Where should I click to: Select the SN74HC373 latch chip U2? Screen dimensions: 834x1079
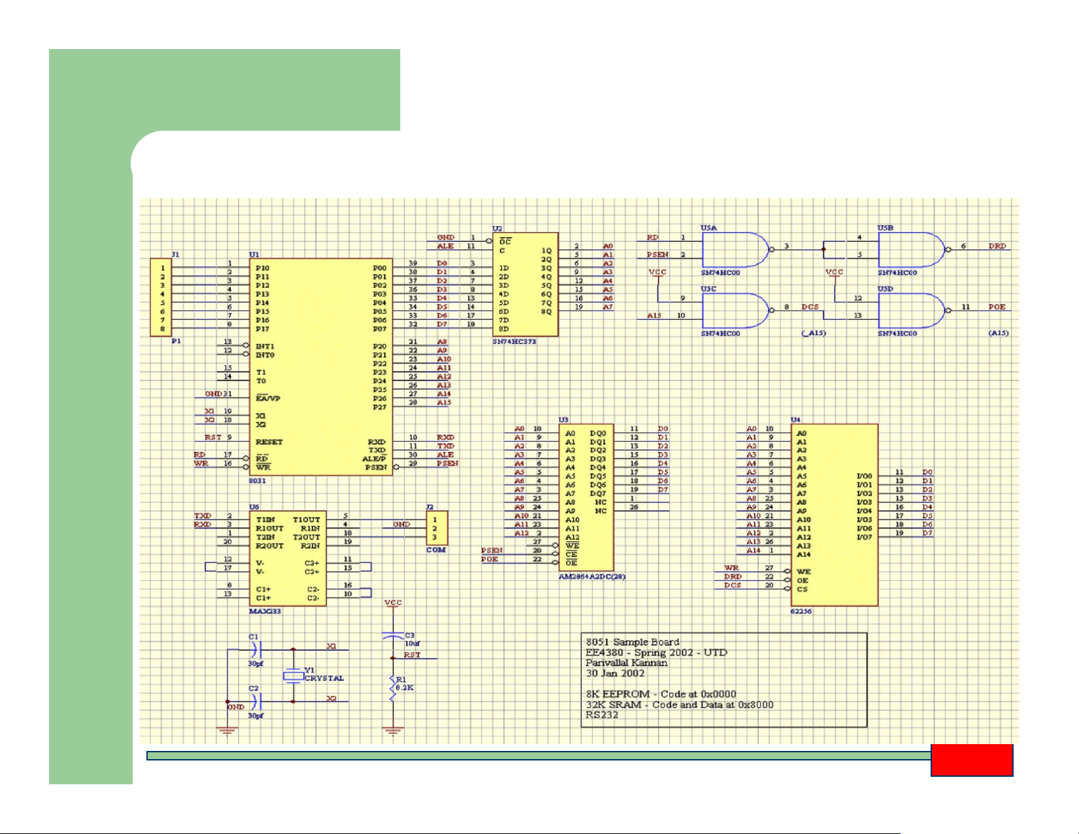tap(526, 285)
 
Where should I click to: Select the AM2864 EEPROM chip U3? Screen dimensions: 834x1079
tap(586, 498)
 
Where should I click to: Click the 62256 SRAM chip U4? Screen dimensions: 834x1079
tap(834, 515)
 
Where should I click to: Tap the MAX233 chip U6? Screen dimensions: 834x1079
tap(287, 558)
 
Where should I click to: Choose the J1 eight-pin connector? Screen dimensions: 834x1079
tap(161, 298)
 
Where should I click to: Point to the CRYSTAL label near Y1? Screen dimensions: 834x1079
tap(324, 678)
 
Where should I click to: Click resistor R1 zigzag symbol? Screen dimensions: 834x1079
tap(393, 687)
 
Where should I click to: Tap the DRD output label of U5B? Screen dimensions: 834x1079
tap(997, 246)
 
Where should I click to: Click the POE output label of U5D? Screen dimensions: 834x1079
tap(997, 307)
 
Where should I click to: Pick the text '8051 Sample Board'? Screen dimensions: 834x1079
tap(632, 642)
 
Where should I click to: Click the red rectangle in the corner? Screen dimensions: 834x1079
tap(972, 760)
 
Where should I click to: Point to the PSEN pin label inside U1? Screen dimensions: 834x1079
tap(376, 468)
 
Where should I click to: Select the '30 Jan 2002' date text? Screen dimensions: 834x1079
tap(615, 673)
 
